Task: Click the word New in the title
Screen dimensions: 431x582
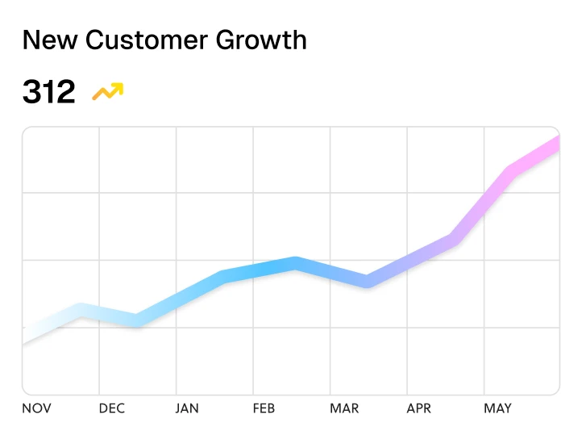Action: [48, 40]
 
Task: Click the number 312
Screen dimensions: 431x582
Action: [48, 92]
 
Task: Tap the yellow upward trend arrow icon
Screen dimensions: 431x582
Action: [107, 91]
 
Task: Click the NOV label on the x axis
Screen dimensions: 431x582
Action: [36, 408]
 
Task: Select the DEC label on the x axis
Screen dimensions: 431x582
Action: [112, 408]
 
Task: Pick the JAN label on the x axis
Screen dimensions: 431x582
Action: [187, 408]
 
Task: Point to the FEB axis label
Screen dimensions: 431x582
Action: [264, 408]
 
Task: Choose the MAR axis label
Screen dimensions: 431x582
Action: [344, 408]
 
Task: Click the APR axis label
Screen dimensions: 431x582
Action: [419, 408]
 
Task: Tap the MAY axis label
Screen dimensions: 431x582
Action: [497, 408]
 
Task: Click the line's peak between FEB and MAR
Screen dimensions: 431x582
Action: [296, 263]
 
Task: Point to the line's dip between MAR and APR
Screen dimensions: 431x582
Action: [367, 282]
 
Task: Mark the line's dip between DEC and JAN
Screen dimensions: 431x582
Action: [138, 320]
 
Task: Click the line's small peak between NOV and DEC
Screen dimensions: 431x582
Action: [80, 310]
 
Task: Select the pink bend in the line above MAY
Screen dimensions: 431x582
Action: [509, 172]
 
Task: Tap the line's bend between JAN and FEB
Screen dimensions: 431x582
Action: [222, 278]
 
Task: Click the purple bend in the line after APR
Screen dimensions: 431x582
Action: [455, 240]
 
